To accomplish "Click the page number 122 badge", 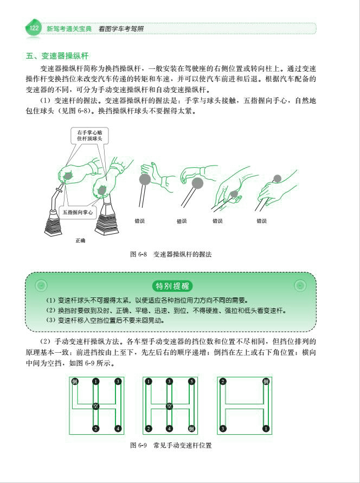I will tap(34, 28).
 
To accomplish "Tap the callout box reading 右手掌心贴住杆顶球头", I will tap(89, 136).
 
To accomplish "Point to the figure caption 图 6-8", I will tap(171, 253).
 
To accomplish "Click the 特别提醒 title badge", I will tap(173, 286).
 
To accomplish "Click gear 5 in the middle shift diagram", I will tap(191, 382).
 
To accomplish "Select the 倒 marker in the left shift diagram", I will tap(75, 382).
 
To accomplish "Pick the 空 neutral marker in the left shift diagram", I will tap(95, 405).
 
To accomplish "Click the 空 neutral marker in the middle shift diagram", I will tap(170, 405).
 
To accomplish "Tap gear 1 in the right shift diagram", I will tap(266, 429).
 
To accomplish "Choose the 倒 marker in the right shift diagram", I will tap(266, 382).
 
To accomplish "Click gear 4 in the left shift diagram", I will tap(118, 429).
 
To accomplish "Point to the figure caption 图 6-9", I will tap(171, 445).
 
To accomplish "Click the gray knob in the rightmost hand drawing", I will tap(278, 179).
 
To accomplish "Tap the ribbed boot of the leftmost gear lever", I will tap(56, 222).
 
